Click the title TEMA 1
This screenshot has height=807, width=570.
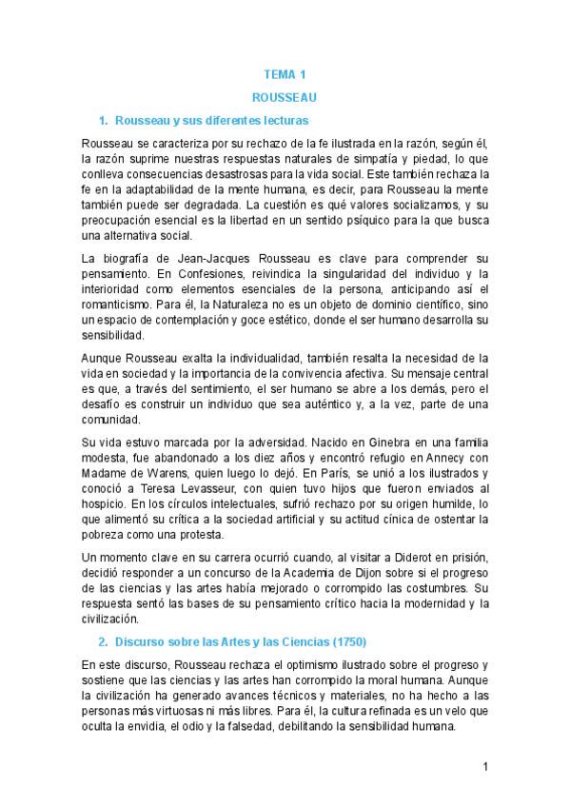pos(285,74)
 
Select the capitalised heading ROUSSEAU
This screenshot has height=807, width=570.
pos(285,97)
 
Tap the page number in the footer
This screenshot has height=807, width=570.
pos(485,766)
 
